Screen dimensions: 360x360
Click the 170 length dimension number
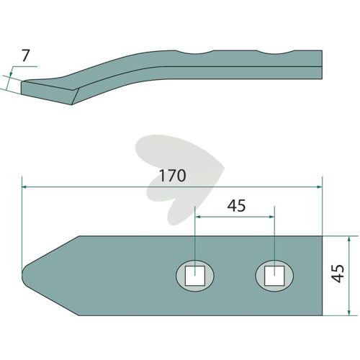(x=172, y=176)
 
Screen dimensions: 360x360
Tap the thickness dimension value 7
(x=25, y=55)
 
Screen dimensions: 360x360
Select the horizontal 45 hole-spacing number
(x=236, y=206)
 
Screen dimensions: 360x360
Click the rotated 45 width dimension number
(x=338, y=274)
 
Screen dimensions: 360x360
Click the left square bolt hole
(x=195, y=275)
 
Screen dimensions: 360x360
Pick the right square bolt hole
(x=274, y=275)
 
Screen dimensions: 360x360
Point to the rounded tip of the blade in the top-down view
(x=23, y=276)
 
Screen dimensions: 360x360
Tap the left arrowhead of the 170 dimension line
(x=24, y=186)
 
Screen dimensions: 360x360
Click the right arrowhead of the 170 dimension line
(x=320, y=186)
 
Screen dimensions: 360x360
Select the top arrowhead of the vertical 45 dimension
(x=348, y=238)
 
